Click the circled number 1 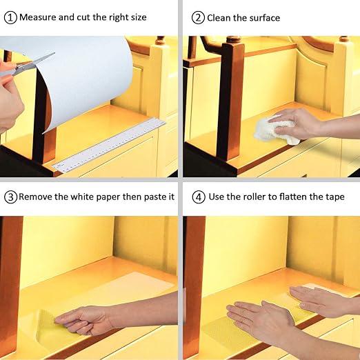tap(10, 18)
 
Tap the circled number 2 tap(198, 18)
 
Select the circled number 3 tap(11, 197)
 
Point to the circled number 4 tap(199, 197)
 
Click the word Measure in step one tap(38, 17)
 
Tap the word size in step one tap(139, 17)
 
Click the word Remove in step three tap(35, 197)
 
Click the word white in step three tap(82, 197)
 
